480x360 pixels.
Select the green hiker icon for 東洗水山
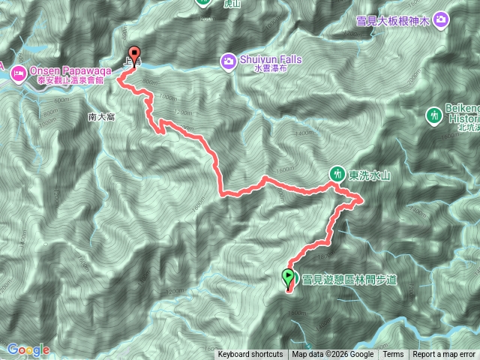[337, 173]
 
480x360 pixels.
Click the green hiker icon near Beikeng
[433, 115]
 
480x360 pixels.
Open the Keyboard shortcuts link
[250, 355]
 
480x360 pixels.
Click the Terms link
[393, 355]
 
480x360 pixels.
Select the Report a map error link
[445, 355]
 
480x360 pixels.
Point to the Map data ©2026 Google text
[333, 355]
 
